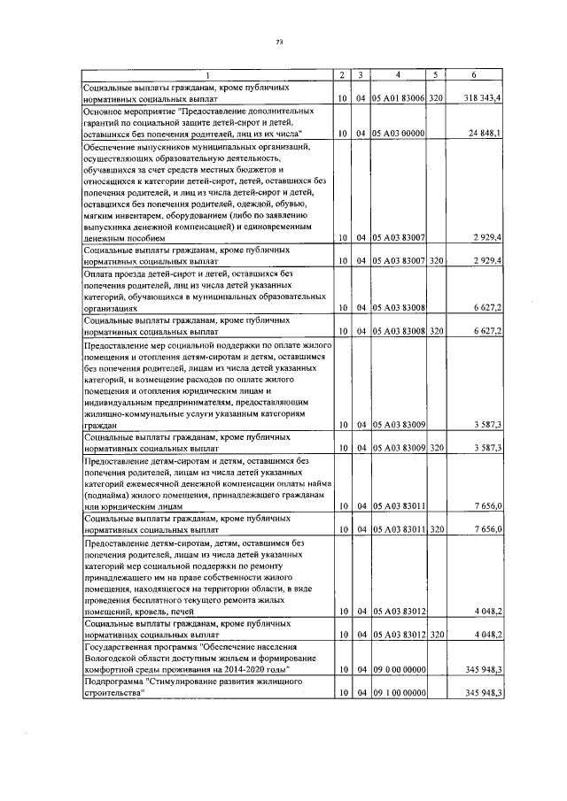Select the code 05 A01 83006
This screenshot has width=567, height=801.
pos(399,100)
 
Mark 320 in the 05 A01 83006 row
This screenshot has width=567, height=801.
pos(436,100)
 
